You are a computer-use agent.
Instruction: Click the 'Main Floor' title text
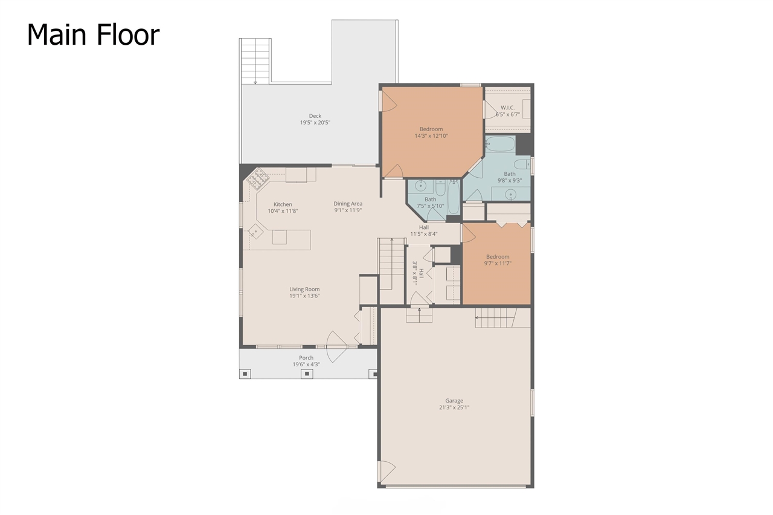[x=93, y=34]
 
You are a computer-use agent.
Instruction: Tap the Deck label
[x=315, y=115]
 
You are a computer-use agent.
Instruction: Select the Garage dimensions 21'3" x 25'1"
[x=454, y=407]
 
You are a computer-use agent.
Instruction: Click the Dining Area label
[x=348, y=204]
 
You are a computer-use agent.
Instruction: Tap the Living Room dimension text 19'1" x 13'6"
[x=304, y=296]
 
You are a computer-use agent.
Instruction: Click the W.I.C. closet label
[x=507, y=107]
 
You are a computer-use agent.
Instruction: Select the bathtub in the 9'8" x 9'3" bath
[x=500, y=144]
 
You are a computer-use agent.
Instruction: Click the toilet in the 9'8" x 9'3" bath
[x=521, y=164]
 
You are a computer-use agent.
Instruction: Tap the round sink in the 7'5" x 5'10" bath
[x=420, y=186]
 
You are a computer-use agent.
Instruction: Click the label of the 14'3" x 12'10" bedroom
[x=431, y=129]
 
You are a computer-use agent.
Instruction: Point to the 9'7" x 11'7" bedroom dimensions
[x=498, y=264]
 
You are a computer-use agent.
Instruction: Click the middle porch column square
[x=307, y=374]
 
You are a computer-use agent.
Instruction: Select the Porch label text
[x=306, y=358]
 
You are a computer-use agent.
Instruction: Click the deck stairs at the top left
[x=254, y=60]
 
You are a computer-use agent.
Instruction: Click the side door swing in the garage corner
[x=386, y=470]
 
